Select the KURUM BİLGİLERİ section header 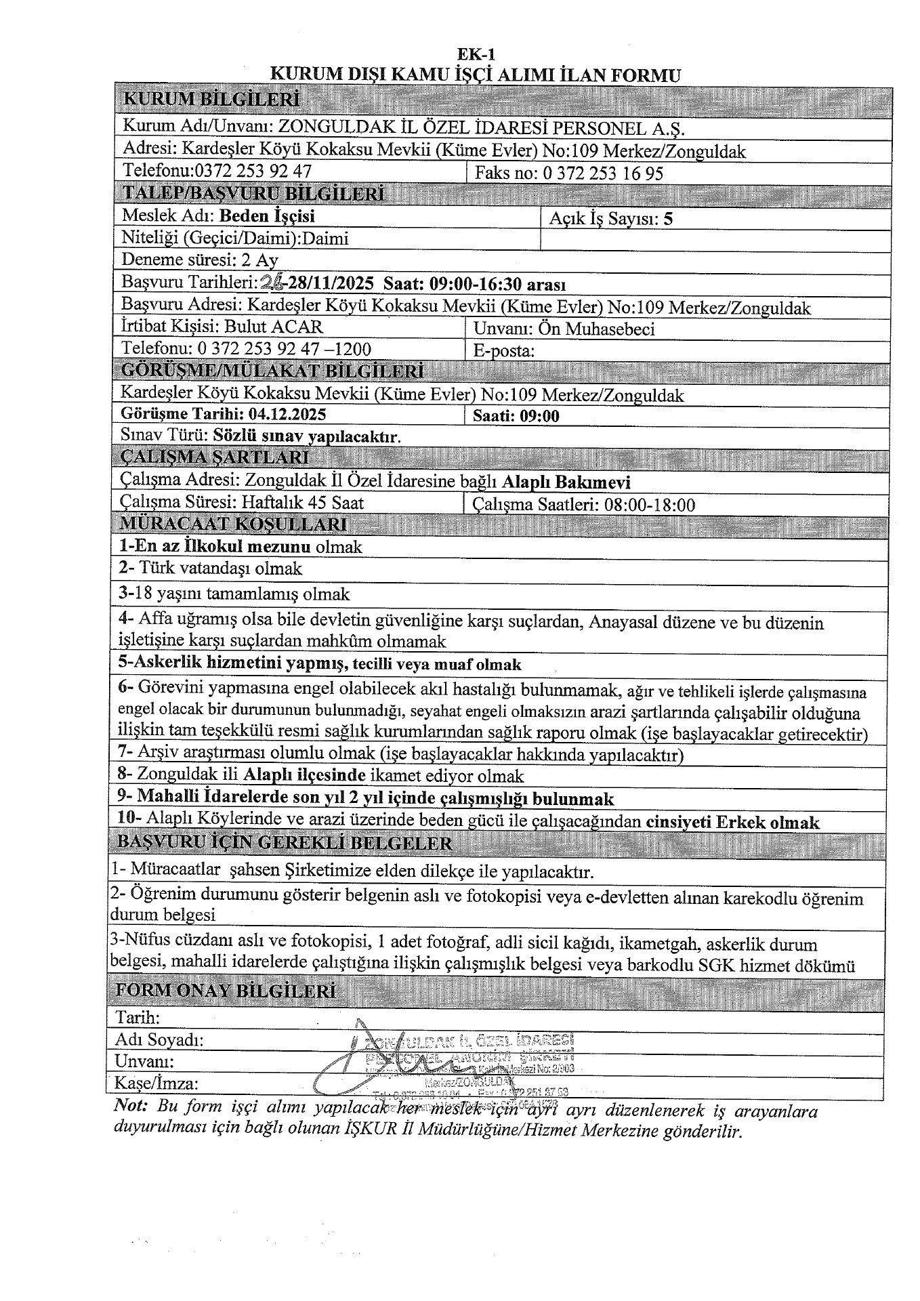click(x=210, y=100)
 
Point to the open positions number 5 click(x=669, y=219)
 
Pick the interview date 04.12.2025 click(x=290, y=414)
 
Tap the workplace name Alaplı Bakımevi click(x=566, y=482)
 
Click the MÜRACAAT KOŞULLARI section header click(x=233, y=524)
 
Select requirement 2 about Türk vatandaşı click(x=211, y=569)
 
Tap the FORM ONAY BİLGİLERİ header click(x=226, y=991)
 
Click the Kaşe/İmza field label click(x=158, y=1082)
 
